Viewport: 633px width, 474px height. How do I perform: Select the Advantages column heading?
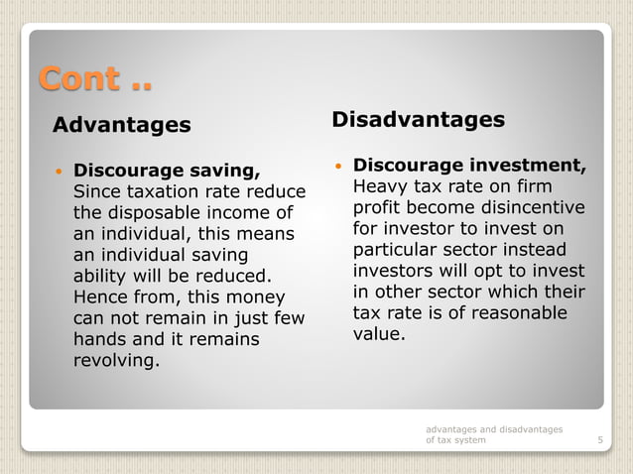121,125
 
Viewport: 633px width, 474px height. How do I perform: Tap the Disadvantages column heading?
418,120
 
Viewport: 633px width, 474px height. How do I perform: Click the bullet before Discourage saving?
61,171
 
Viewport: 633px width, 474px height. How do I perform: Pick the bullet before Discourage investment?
339,164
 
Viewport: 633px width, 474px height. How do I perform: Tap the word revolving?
116,361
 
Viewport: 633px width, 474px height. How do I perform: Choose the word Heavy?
380,186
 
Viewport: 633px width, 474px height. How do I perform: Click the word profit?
378,208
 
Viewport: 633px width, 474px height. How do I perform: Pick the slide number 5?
600,440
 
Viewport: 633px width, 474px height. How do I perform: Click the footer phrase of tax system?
455,440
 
